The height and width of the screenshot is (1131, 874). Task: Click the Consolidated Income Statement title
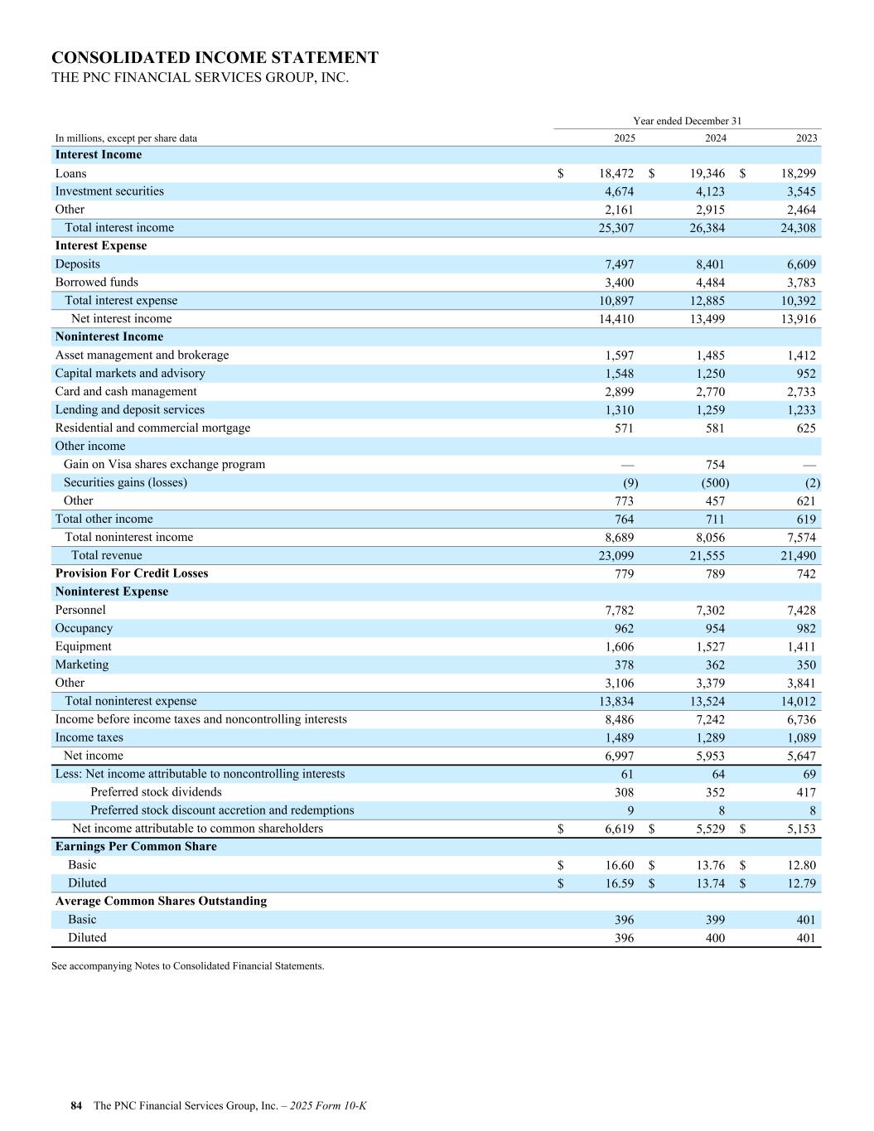point(215,58)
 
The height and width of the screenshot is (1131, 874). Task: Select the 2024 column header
point(715,138)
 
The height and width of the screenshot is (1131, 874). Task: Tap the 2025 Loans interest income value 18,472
point(616,173)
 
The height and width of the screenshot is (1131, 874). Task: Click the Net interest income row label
point(122,319)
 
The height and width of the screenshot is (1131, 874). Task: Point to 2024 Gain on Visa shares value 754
point(715,465)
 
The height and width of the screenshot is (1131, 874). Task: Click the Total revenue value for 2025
point(616,556)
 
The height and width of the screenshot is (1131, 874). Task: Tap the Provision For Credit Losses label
point(132,573)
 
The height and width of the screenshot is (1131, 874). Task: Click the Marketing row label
point(82,665)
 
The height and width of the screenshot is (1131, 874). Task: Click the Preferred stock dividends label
point(156,792)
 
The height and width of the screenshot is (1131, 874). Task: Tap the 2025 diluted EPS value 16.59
point(620,883)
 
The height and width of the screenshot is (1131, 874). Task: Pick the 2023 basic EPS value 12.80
point(801,865)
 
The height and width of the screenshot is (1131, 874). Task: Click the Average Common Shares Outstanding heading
point(161,901)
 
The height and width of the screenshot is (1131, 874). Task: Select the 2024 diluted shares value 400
point(715,938)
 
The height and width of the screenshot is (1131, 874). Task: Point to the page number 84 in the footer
point(76,1105)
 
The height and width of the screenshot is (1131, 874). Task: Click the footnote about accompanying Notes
point(187,965)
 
